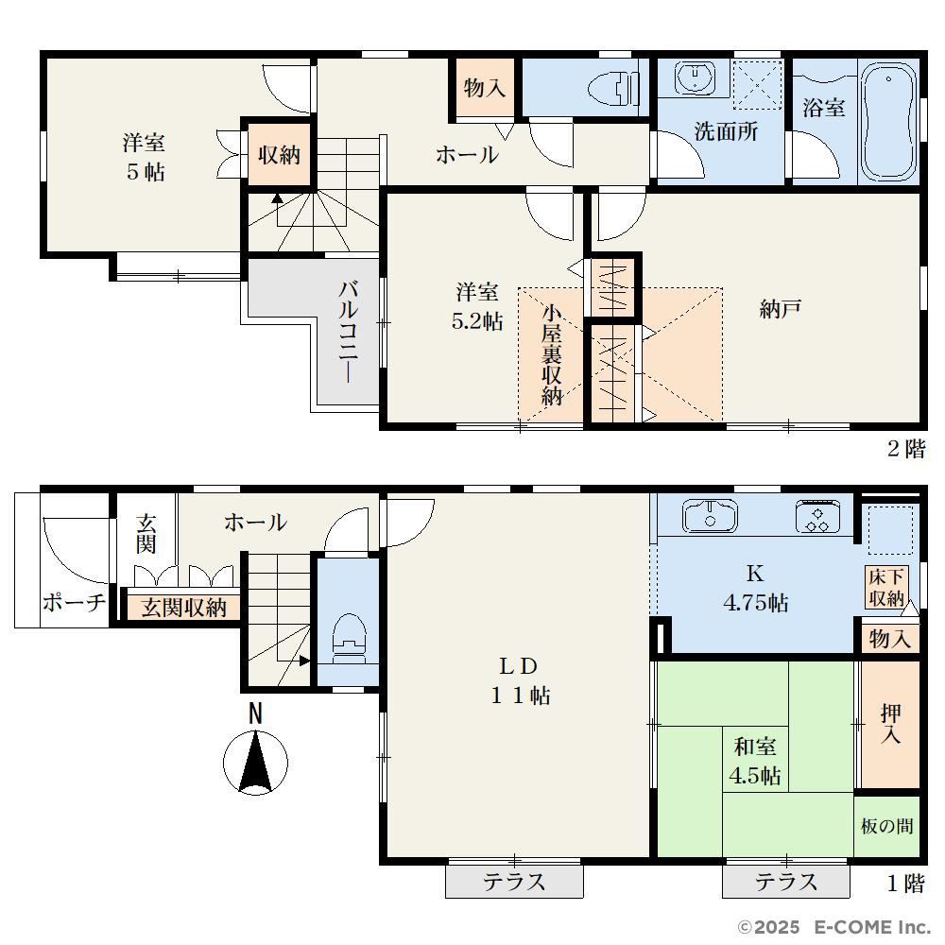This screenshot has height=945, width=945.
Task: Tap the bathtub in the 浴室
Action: [888, 122]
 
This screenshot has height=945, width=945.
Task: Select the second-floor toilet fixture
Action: [613, 89]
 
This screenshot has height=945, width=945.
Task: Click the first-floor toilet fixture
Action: [349, 637]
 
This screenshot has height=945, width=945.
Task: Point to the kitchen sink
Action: [710, 517]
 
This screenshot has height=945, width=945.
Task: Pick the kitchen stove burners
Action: [817, 517]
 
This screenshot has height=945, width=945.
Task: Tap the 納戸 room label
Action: [780, 310]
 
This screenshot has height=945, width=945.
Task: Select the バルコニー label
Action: [348, 332]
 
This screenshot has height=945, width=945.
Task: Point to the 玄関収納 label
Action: [184, 608]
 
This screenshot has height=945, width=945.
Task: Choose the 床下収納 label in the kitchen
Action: [886, 588]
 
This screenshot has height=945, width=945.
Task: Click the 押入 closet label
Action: [890, 723]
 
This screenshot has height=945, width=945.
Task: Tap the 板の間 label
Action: [886, 826]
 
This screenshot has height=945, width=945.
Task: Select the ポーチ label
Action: [74, 602]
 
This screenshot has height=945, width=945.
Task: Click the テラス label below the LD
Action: [514, 882]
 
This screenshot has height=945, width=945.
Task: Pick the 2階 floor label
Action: [906, 449]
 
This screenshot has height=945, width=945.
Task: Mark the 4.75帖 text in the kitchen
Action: [755, 603]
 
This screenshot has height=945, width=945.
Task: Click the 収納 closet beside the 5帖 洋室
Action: [279, 155]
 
